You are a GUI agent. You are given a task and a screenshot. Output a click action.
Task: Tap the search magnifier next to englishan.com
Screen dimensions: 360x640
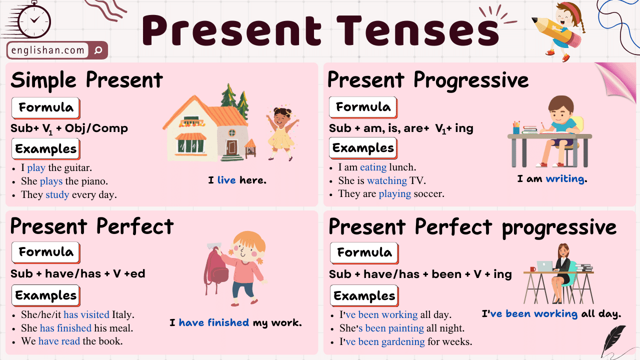98,50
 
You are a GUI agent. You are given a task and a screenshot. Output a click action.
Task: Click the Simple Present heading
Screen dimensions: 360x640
87,80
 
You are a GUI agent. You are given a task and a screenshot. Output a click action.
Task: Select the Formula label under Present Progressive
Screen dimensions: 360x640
363,107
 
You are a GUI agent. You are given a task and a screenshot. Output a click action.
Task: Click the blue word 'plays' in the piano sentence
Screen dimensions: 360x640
51,181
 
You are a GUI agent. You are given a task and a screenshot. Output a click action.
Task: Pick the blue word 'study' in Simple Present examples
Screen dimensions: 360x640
57,194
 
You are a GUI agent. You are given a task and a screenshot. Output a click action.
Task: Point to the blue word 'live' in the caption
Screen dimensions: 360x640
226,180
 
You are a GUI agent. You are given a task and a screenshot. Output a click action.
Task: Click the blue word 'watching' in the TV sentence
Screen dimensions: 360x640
386,180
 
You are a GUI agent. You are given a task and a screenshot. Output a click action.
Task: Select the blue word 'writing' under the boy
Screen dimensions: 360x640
565,179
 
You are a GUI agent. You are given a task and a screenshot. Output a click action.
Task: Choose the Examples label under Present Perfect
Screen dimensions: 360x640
45,295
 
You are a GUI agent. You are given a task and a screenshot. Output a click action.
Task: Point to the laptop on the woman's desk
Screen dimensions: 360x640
544,266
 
